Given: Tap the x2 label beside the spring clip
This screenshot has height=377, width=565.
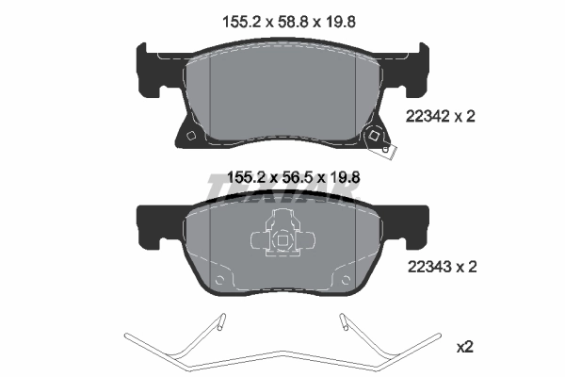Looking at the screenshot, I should coord(464,347).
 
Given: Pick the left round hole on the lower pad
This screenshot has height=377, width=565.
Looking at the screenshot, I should coord(220,281).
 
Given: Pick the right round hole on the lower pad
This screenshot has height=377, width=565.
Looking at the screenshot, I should coord(338,281).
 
